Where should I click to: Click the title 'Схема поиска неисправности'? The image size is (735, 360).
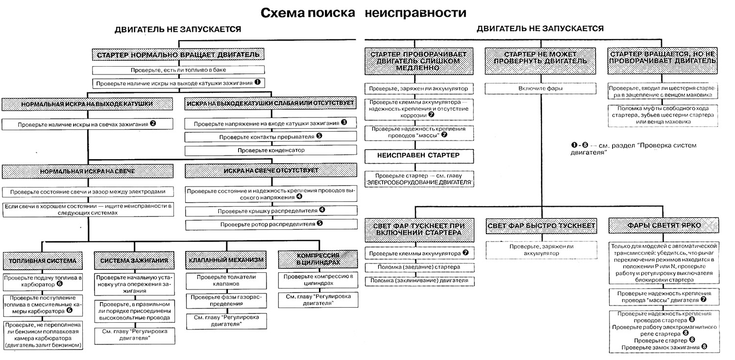[x=363, y=12]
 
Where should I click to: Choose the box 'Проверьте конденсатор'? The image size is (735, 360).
[x=271, y=149]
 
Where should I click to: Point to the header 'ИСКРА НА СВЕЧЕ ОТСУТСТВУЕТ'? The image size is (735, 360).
[x=271, y=171]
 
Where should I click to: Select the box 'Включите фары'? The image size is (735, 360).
[x=540, y=89]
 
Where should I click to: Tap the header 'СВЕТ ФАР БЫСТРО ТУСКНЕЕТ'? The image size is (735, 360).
[x=541, y=226]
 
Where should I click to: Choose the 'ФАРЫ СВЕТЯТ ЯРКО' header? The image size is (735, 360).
[x=663, y=226]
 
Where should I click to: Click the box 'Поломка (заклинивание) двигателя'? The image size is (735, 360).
[x=418, y=281]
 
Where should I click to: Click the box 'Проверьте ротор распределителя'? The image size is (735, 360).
[x=271, y=224]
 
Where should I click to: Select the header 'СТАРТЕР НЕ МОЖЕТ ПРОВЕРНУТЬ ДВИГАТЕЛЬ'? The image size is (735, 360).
[x=540, y=58]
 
